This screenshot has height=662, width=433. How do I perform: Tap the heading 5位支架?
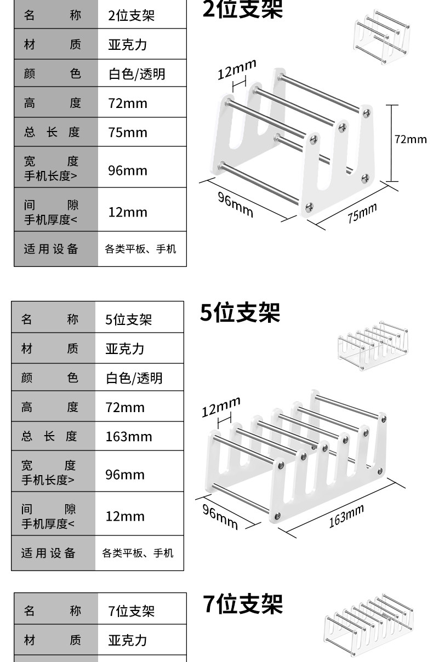240,312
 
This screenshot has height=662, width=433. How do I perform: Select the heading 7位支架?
243,604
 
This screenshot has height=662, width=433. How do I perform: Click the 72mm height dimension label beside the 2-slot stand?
410,139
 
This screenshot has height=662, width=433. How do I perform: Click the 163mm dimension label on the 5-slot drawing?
346,516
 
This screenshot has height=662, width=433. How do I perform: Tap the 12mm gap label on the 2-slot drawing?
237,70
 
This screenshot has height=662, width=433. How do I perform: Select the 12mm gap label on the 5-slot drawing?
221,407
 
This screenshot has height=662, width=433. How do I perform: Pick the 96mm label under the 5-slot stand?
220,516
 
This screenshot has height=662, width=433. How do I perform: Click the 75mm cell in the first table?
128,132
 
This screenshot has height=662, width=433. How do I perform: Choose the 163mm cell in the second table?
129,437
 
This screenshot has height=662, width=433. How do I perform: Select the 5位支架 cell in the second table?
129,319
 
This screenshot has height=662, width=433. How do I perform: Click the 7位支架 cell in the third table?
132,611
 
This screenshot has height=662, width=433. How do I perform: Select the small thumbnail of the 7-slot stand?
368,620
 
